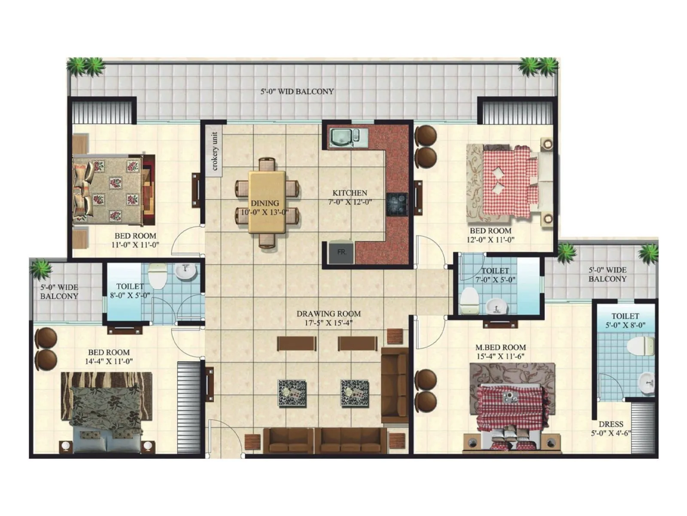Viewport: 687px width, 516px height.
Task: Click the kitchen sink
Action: pos(342,138)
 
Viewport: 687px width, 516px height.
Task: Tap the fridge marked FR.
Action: pos(341,252)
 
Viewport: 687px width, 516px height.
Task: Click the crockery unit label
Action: pos(214,151)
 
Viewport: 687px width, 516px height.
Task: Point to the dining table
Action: pos(267,202)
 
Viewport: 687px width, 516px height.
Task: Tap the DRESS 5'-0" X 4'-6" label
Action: pos(611,428)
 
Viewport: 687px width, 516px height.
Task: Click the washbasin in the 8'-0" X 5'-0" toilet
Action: pos(186,271)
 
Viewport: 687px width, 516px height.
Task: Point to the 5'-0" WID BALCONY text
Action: pos(297,92)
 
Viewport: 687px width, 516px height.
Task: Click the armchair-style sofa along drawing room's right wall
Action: pos(395,385)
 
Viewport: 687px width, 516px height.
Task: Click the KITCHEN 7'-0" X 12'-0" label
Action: pos(350,197)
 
